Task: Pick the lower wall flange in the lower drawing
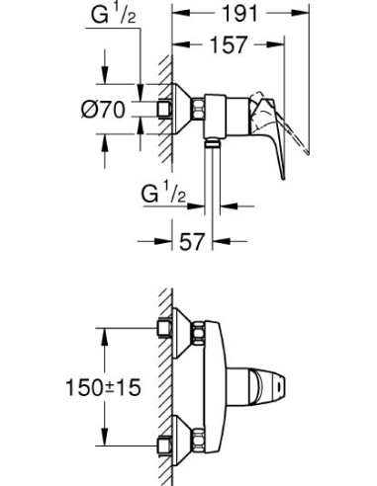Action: (182, 434)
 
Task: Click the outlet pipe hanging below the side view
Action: (212, 183)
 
